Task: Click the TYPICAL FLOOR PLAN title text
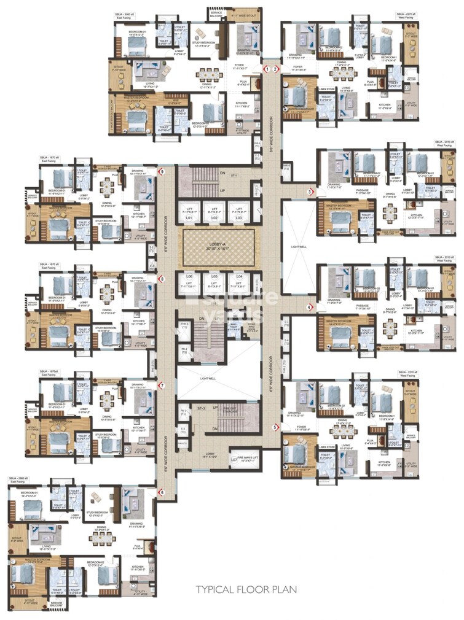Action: click(246, 590)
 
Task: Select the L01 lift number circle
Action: click(189, 218)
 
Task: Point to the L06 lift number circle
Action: click(189, 277)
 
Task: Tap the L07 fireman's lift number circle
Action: click(234, 459)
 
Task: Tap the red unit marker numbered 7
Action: click(162, 386)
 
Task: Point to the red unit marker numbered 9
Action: click(162, 172)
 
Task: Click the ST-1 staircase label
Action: click(235, 176)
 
